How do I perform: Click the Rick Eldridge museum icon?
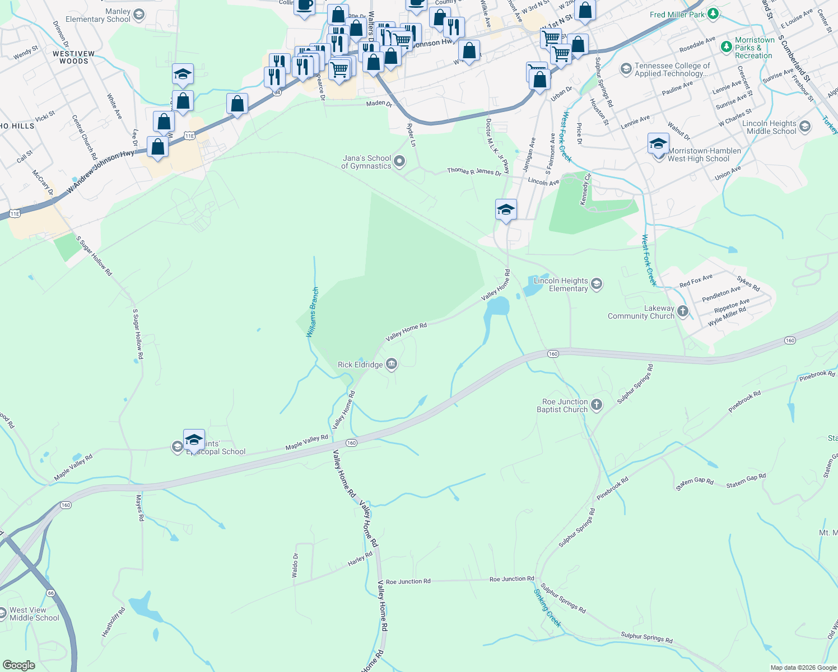[x=392, y=365]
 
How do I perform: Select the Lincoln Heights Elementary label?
[x=561, y=284]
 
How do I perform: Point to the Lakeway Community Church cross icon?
[x=682, y=311]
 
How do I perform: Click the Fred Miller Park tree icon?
[x=713, y=14]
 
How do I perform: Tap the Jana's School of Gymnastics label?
[x=366, y=162]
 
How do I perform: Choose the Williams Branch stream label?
[x=313, y=312]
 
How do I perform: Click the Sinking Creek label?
[x=547, y=608]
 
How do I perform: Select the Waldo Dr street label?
[x=295, y=565]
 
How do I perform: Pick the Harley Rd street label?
[x=360, y=559]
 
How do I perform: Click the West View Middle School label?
[x=34, y=614]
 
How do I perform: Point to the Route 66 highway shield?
[x=50, y=592]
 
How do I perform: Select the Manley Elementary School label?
[x=98, y=15]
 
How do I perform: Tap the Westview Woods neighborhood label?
[x=74, y=57]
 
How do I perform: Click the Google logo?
[x=18, y=665]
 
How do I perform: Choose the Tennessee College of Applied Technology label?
[x=672, y=69]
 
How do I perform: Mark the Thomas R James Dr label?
[x=474, y=171]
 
